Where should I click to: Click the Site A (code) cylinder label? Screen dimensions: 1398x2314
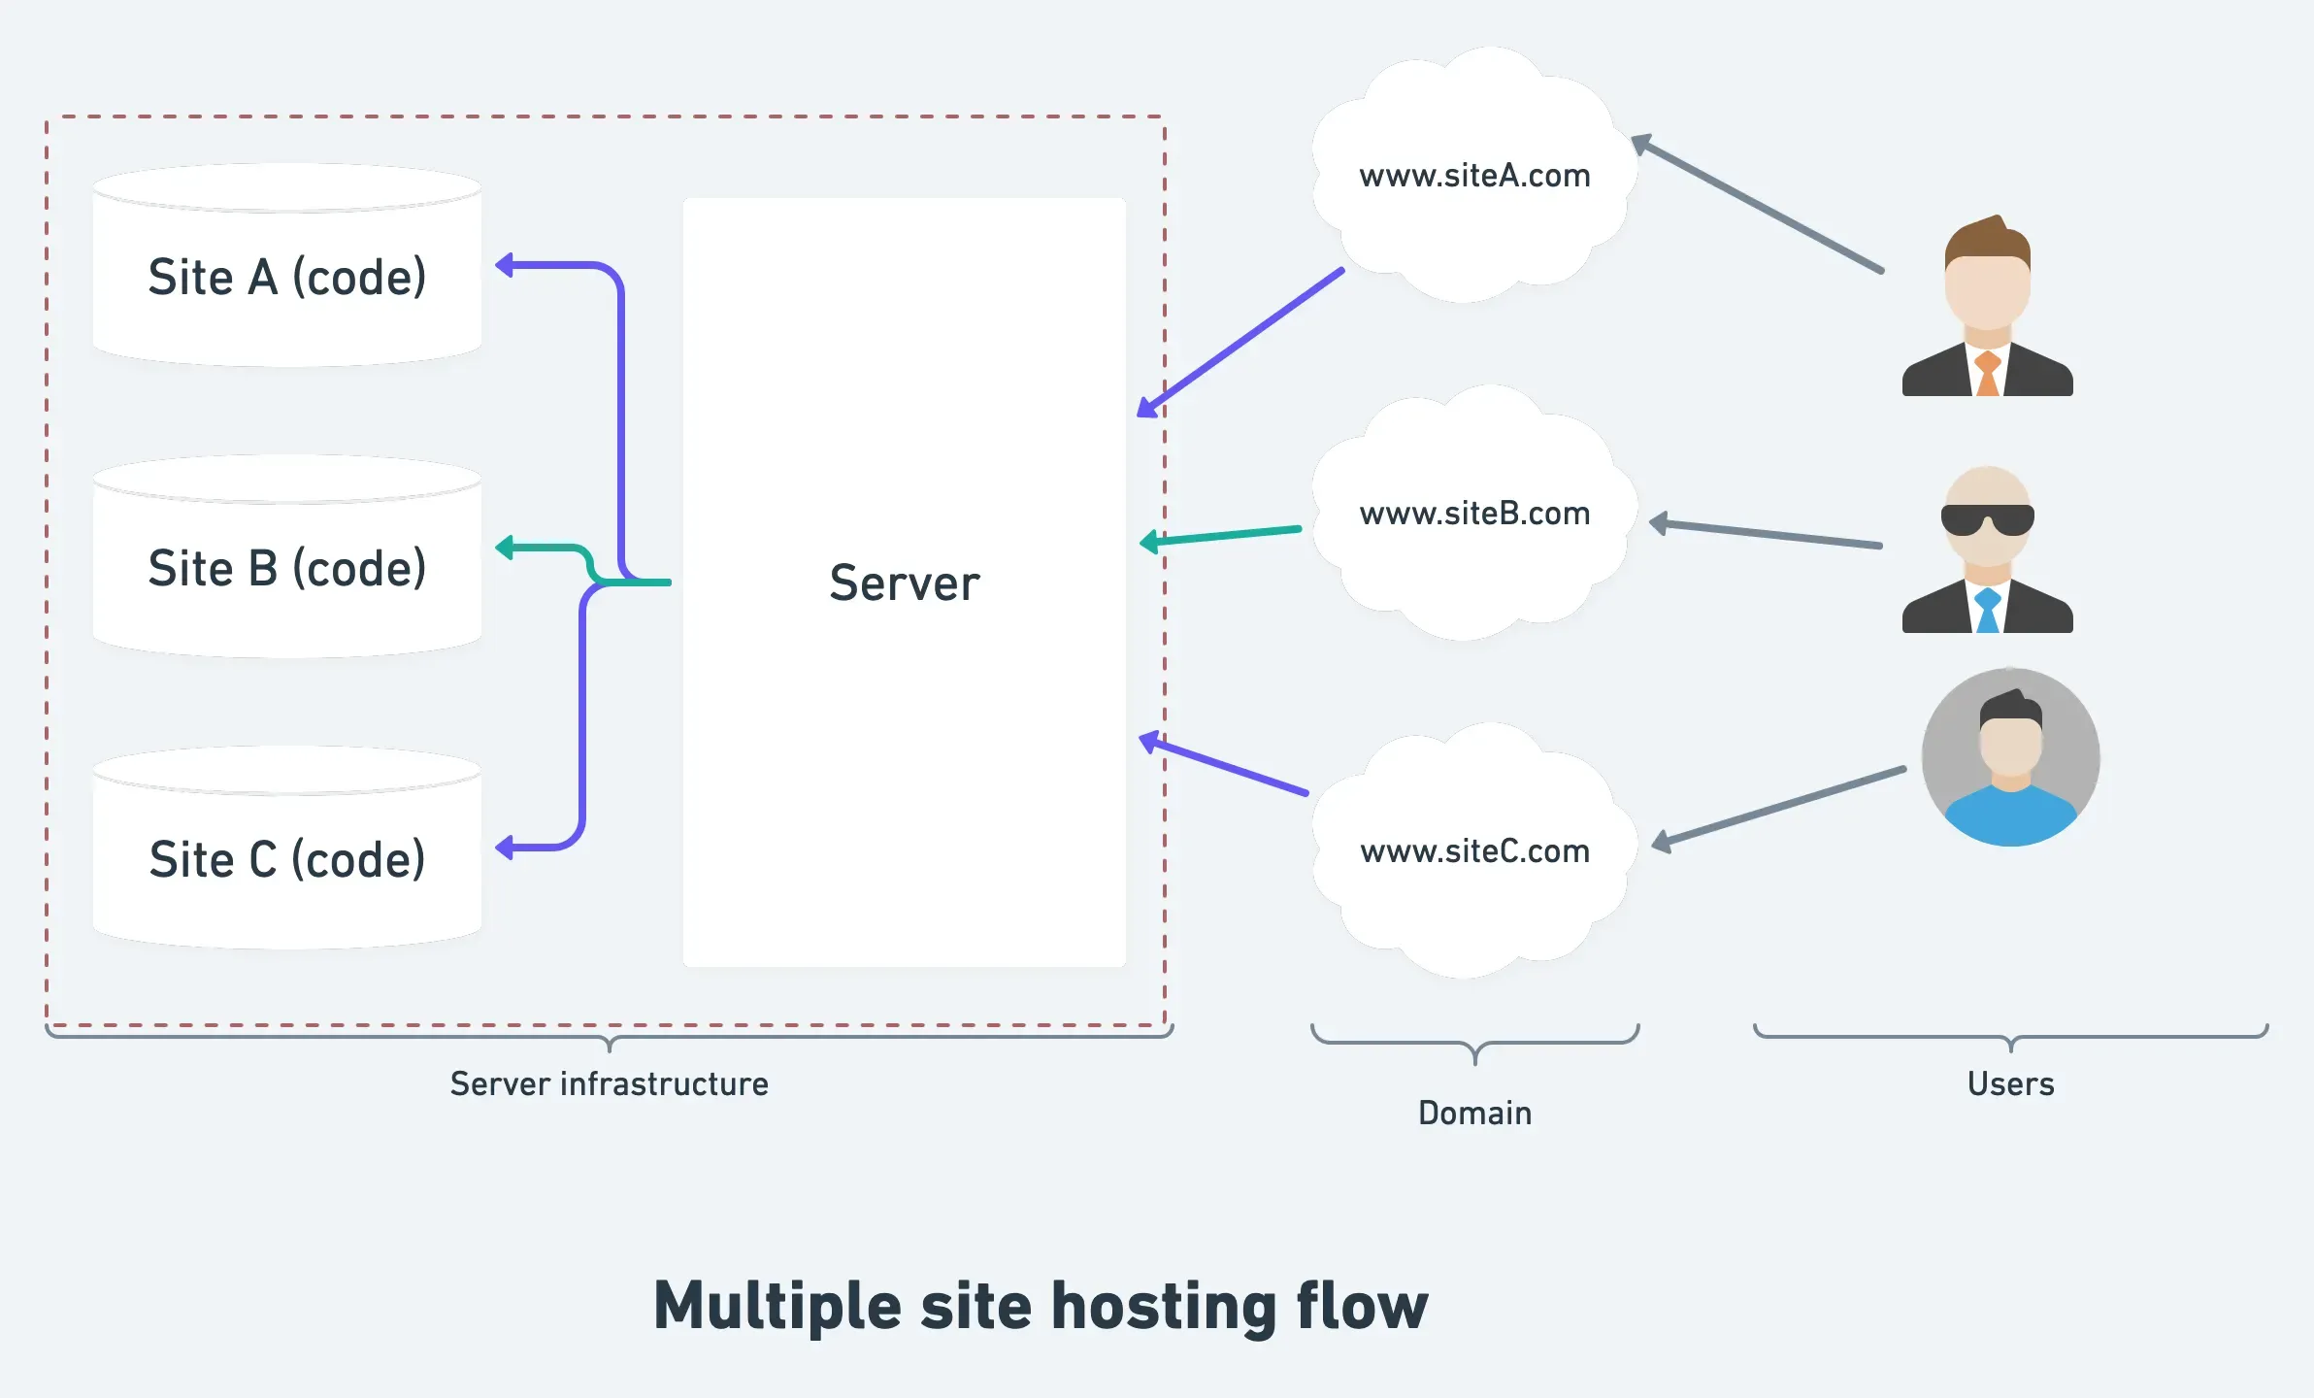(287, 278)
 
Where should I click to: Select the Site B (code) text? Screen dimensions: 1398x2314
(287, 569)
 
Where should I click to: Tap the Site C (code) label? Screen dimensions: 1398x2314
(287, 860)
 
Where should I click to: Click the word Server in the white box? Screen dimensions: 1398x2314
(905, 583)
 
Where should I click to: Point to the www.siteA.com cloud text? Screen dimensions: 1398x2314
(1474, 176)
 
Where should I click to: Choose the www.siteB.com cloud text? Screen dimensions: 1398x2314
(1474, 514)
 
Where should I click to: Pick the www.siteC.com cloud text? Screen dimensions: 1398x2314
(1474, 851)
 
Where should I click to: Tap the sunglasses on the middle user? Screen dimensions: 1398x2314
(1987, 520)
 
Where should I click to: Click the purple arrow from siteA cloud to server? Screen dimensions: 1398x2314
(1242, 341)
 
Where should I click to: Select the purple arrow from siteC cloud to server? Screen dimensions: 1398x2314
(1225, 767)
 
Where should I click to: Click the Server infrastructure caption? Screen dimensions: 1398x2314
(609, 1083)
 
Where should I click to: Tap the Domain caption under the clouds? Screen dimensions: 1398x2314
(1474, 1113)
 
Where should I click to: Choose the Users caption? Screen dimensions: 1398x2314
(2010, 1083)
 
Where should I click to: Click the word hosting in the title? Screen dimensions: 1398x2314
(1164, 1307)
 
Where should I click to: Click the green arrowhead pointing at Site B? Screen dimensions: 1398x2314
(505, 549)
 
